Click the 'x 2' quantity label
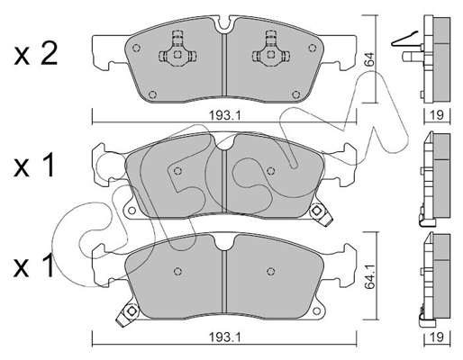coord(36,54)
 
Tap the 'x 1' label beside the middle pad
coord(33,165)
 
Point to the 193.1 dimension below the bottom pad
coord(225,338)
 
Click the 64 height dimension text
coord(369,59)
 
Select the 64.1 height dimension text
coord(370,277)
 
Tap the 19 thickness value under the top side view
coord(437,115)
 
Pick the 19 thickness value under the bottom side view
coord(437,338)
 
